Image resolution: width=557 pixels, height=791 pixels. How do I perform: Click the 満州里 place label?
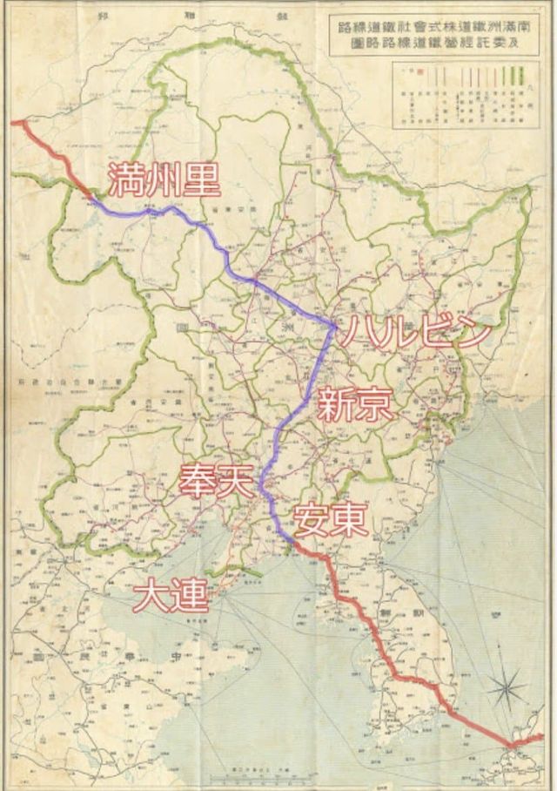point(164,179)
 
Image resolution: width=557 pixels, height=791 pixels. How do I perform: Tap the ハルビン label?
point(411,332)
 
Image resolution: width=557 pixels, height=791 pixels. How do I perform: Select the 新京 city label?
point(354,405)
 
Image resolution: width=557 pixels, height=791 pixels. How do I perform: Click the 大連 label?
point(172,596)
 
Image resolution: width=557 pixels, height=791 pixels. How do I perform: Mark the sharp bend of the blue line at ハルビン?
point(335,327)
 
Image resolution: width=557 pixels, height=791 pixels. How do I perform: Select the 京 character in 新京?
point(374,405)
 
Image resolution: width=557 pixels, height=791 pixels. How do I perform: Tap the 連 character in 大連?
point(191,596)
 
